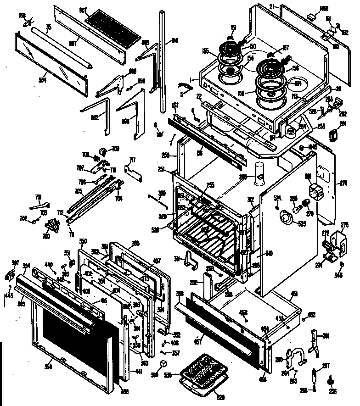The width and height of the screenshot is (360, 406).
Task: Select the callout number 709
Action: (x=115, y=149)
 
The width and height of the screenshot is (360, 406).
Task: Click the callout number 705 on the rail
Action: (x=79, y=192)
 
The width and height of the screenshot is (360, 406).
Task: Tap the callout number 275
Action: (x=345, y=225)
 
